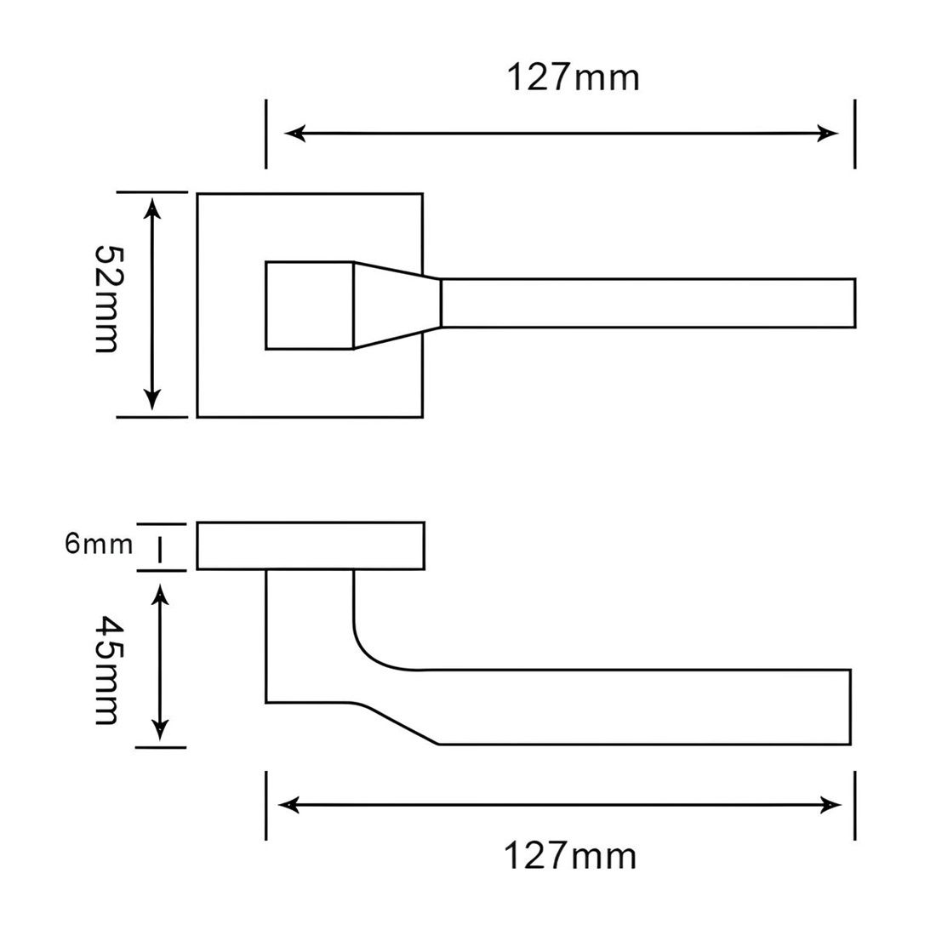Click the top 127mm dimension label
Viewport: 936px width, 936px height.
pyautogui.click(x=573, y=77)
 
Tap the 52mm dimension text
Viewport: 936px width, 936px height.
pyautogui.click(x=108, y=299)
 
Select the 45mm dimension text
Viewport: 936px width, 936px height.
pyautogui.click(x=108, y=670)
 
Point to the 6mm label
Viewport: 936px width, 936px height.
pyautogui.click(x=99, y=544)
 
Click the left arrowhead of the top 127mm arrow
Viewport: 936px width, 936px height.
pyautogui.click(x=295, y=134)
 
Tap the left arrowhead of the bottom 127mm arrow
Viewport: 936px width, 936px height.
pyautogui.click(x=289, y=805)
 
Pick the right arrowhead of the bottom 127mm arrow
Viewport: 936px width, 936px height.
pyautogui.click(x=830, y=805)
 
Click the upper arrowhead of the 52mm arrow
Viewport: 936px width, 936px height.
pyautogui.click(x=153, y=208)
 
